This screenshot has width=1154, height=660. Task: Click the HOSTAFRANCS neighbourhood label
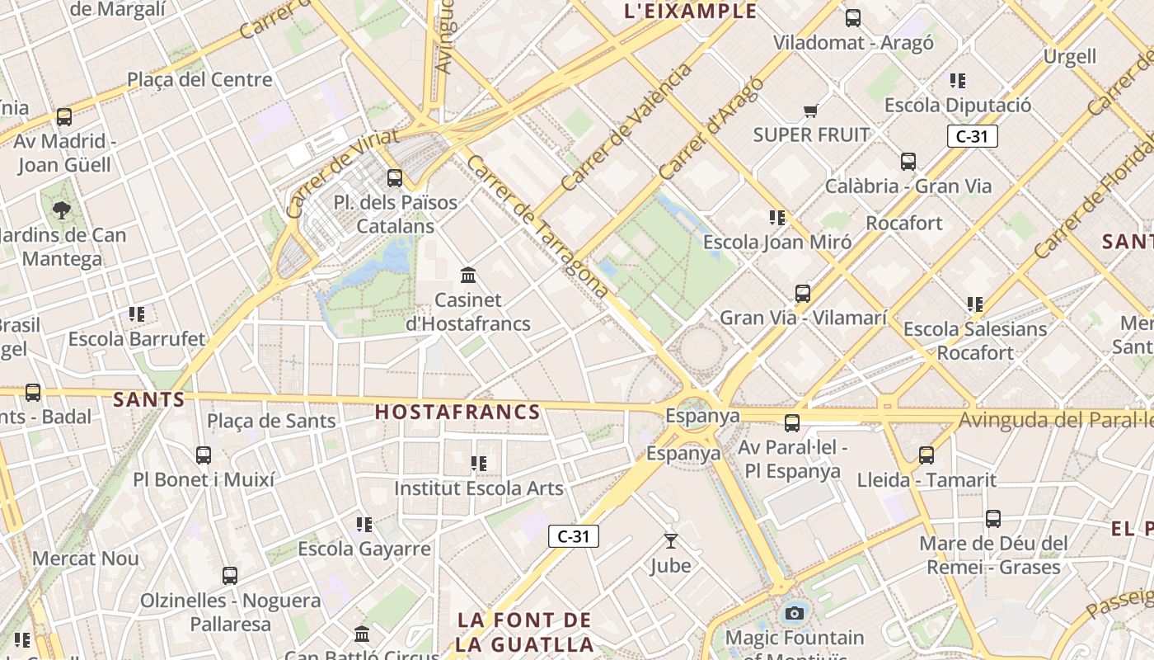point(457,412)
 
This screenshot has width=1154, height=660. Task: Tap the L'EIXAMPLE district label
point(691,12)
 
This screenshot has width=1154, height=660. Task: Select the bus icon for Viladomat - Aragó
point(853,17)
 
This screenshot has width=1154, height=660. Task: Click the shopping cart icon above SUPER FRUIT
point(811,111)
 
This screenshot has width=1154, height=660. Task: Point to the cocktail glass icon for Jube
point(671,541)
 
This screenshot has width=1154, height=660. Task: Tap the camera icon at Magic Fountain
point(795,613)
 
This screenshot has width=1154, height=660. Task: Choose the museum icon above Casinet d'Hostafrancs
point(468,275)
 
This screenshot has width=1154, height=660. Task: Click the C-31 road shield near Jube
point(574,536)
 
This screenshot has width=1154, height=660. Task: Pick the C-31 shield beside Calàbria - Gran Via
point(973,136)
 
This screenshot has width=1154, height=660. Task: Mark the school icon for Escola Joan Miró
point(777,218)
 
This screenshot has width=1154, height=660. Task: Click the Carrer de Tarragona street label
point(537,225)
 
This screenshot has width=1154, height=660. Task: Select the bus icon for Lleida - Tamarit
point(926,455)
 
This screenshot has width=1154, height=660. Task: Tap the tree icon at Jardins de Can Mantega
point(62,210)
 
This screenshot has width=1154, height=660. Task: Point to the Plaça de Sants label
point(271,421)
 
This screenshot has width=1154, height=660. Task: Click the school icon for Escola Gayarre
point(364,525)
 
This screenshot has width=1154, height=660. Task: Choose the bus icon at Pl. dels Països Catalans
point(395,177)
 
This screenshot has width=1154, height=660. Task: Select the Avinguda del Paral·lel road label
point(1055,421)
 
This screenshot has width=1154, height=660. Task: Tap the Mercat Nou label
point(86,559)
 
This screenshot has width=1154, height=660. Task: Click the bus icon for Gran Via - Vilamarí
point(803,294)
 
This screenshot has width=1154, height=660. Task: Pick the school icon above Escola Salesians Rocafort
point(975,304)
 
